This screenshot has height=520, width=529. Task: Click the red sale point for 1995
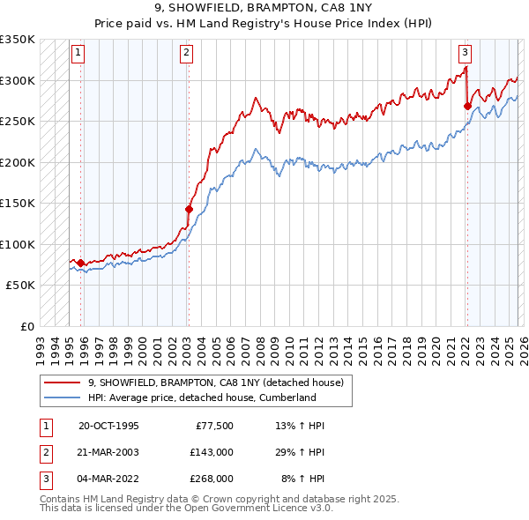tap(80, 263)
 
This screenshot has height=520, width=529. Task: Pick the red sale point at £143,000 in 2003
tap(189, 209)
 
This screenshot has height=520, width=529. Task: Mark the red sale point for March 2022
tap(467, 107)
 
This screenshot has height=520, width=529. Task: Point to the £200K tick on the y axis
tap(18, 162)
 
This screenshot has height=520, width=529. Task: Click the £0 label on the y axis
tap(26, 326)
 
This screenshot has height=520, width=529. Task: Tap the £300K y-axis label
tap(18, 80)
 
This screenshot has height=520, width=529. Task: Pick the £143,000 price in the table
tap(212, 452)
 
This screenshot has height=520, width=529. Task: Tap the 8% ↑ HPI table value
tap(302, 479)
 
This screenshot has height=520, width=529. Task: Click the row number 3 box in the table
tap(45, 479)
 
